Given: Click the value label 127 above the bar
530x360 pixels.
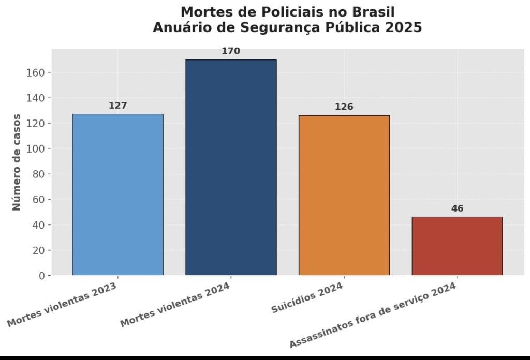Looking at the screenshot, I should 117,106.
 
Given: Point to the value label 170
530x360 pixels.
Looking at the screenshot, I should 231,51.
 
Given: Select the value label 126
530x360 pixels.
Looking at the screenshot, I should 344,107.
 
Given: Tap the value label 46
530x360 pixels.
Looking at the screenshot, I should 457,208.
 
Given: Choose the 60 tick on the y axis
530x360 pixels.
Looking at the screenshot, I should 38,199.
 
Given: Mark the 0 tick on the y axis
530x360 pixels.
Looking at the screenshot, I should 41,276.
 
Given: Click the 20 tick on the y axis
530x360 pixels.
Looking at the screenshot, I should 38,250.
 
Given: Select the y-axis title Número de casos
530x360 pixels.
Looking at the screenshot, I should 17,162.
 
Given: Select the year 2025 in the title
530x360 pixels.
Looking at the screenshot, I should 404,27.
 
